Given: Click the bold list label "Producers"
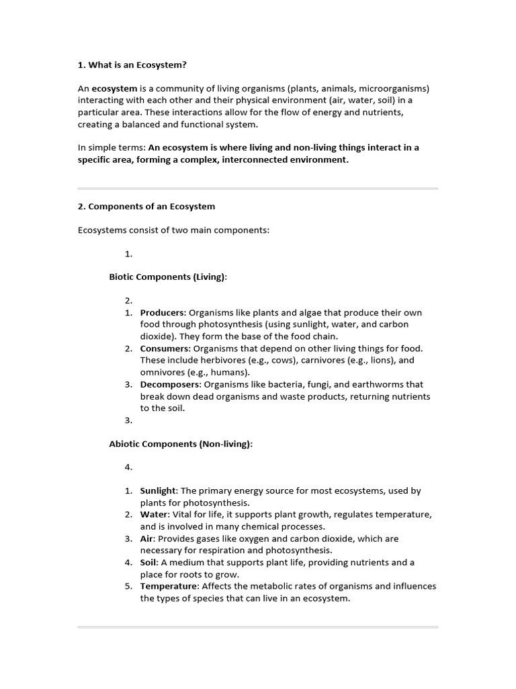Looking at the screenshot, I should point(163,313).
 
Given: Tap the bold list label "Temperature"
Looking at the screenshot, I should point(169,586).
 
